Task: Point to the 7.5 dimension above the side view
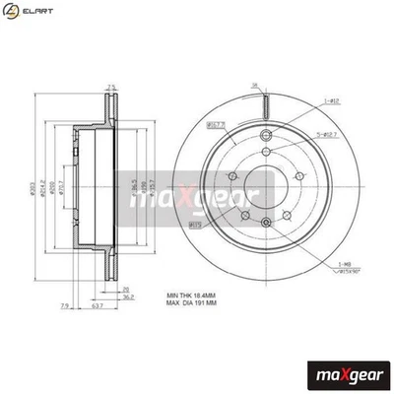pyautogui.click(x=111, y=87)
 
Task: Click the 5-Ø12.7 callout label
pyautogui.click(x=332, y=135)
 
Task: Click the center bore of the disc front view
pyautogui.click(x=264, y=186)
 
